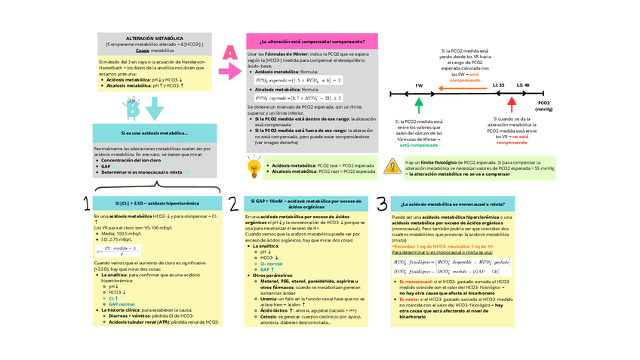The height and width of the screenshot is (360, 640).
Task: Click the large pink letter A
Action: (x=229, y=53)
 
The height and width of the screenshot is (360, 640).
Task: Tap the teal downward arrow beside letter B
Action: (x=155, y=110)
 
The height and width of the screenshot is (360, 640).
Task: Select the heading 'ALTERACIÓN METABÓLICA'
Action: (x=154, y=37)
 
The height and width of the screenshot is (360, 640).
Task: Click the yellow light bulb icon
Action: (x=254, y=166)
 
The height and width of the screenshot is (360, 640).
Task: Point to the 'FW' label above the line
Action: (x=419, y=85)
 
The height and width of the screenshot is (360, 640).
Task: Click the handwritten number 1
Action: (x=88, y=203)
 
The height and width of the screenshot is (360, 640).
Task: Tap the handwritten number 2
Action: (x=234, y=205)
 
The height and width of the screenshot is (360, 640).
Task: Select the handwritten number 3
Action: (x=382, y=204)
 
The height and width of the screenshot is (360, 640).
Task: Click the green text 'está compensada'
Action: (x=419, y=144)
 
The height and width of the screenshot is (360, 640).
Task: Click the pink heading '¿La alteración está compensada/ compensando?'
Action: (x=312, y=42)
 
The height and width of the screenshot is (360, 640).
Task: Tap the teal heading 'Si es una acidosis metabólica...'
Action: (x=154, y=134)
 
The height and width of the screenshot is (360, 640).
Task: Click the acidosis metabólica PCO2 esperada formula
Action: (x=299, y=79)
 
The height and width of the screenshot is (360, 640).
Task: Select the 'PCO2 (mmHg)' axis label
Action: (x=543, y=105)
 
